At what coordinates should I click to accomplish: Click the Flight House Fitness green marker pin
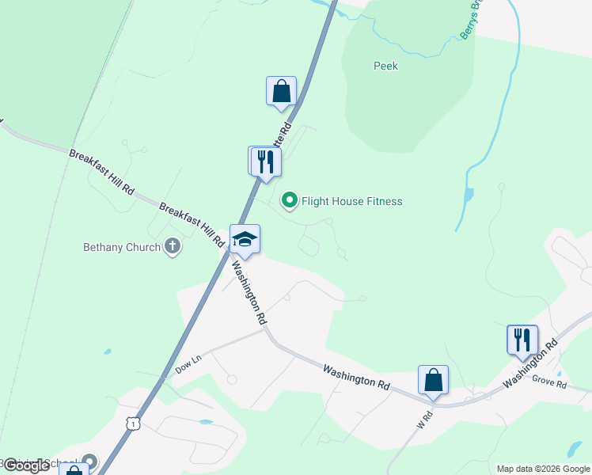pos(290,201)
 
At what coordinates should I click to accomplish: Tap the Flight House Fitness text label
pos(351,202)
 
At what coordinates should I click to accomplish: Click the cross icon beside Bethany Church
pos(173,247)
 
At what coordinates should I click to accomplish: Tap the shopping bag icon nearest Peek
pos(281,92)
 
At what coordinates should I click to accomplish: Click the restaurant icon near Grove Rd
pos(522,340)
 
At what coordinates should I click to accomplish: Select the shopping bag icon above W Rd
pos(433,380)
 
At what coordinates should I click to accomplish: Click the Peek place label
pos(385,66)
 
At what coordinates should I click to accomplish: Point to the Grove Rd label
pos(549,385)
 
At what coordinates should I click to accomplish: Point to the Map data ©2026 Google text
pos(542,469)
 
